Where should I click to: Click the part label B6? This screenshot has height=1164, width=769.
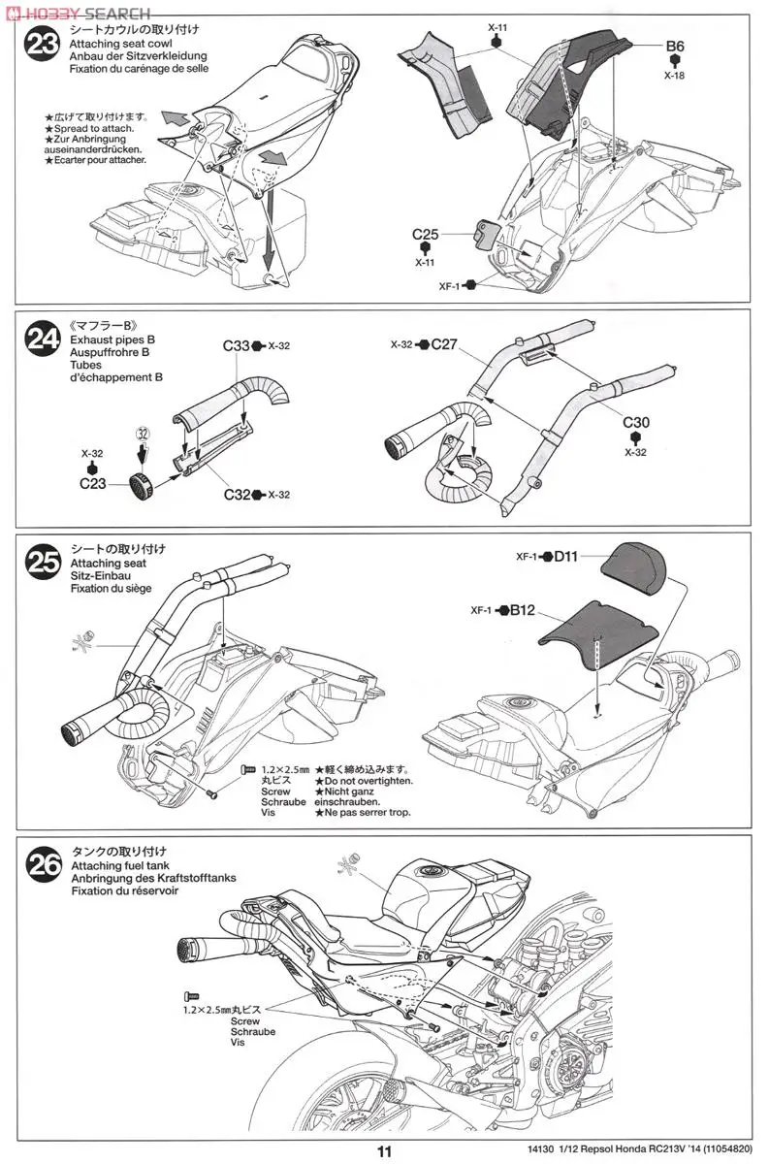675,46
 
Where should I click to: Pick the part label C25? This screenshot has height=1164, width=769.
425,234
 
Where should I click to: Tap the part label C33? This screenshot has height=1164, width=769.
236,345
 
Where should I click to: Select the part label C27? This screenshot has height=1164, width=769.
443,344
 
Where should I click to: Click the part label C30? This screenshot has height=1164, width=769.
636,422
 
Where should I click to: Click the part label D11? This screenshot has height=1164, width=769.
567,557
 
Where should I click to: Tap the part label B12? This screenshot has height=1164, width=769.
521,610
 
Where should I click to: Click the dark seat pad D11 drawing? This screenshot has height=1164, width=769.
638,569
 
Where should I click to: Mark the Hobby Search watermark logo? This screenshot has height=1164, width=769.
78,13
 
